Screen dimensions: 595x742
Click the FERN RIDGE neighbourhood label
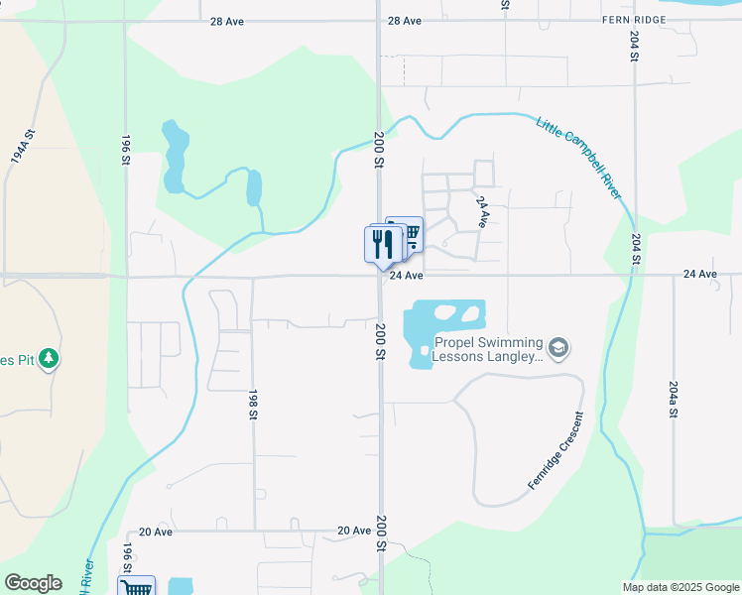[634, 21]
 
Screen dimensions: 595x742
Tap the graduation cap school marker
[559, 347]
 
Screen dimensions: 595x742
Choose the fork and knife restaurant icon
[383, 244]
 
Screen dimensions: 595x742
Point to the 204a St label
[674, 399]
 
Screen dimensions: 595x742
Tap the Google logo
[33, 583]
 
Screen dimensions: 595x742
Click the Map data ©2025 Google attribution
[680, 587]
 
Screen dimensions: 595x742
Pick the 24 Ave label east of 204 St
[700, 274]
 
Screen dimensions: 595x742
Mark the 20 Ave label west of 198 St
[156, 532]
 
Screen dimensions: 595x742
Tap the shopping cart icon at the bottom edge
[137, 587]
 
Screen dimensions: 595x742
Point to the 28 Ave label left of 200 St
[226, 21]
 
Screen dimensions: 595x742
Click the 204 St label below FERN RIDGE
[634, 46]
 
